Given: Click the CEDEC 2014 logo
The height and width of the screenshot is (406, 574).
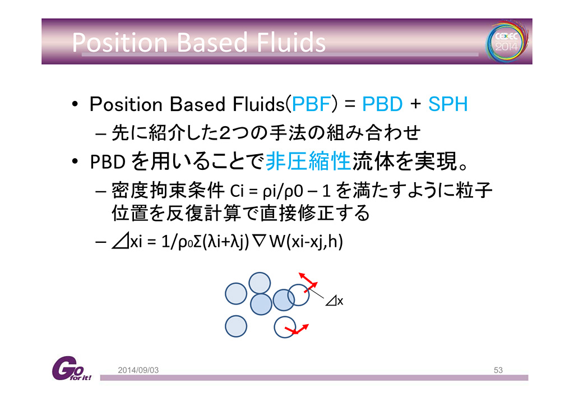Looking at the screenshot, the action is (x=507, y=41).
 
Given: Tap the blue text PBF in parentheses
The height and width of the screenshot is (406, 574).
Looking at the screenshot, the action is (x=311, y=104).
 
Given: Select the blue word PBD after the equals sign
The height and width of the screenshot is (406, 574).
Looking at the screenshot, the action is (x=382, y=104).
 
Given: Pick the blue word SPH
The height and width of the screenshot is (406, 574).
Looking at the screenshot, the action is (x=448, y=104).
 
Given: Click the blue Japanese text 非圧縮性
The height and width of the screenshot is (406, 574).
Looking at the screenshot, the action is (x=308, y=161).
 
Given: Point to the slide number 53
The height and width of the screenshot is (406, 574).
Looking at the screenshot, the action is (x=498, y=370).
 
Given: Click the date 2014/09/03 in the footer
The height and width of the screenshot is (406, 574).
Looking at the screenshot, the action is (x=138, y=370).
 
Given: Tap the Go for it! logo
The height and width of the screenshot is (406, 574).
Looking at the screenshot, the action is (x=71, y=368).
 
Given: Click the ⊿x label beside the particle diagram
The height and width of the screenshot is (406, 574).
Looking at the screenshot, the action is (x=334, y=301).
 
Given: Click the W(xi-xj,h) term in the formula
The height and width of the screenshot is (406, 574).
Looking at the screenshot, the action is (x=305, y=242).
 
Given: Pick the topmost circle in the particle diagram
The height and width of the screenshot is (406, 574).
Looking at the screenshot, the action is (x=260, y=283).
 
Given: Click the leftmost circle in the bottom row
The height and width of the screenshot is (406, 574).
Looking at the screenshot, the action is (x=236, y=326).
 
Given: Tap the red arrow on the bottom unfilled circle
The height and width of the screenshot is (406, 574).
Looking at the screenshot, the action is (x=297, y=330).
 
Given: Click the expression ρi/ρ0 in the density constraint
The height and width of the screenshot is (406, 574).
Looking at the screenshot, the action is (x=283, y=191).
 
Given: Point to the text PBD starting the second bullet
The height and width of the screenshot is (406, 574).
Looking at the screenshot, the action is (x=108, y=162).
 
